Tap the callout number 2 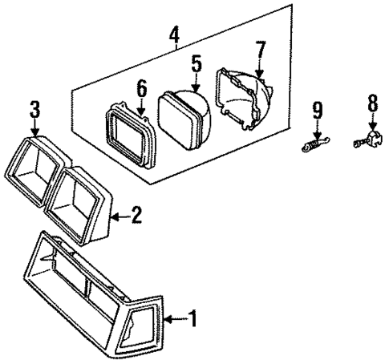click(136, 214)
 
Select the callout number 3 click(34, 110)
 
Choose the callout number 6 click(141, 88)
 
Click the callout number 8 click(371, 103)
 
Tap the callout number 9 click(317, 108)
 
